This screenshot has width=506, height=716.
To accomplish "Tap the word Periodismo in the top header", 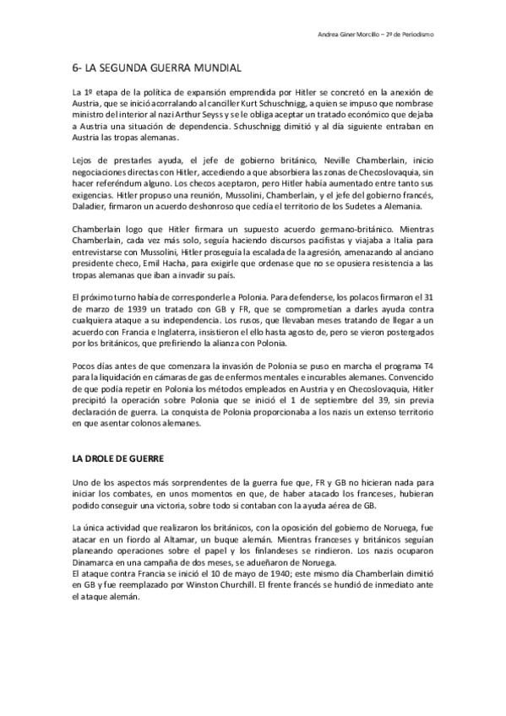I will point(416,35).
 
